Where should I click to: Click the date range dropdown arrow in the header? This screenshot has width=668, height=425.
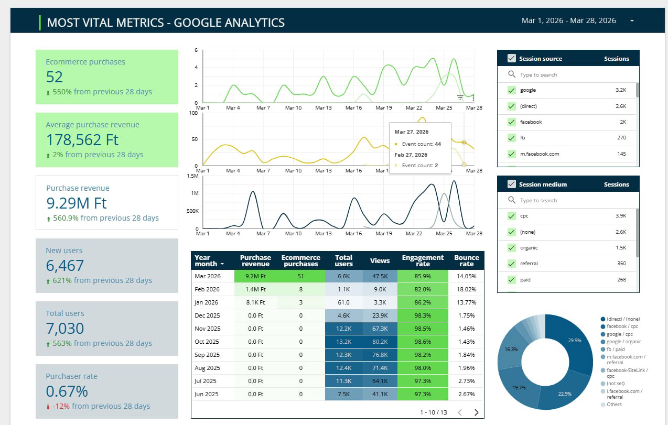[632, 20]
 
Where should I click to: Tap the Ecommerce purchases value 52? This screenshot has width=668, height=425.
[55, 77]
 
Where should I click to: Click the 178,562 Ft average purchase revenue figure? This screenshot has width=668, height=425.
[82, 140]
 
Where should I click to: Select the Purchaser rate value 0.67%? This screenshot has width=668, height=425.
[67, 391]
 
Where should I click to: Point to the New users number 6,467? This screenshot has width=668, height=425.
[64, 266]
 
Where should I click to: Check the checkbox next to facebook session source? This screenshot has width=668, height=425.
[511, 122]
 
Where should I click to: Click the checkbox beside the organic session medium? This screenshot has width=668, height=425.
[511, 248]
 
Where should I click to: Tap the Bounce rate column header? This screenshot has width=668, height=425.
[467, 260]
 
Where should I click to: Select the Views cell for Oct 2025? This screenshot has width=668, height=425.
[380, 342]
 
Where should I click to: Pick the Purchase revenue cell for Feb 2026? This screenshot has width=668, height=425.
[255, 289]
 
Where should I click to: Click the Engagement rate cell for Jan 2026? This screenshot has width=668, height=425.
[423, 302]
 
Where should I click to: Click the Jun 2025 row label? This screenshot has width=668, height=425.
[207, 394]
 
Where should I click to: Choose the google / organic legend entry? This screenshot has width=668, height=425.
[624, 342]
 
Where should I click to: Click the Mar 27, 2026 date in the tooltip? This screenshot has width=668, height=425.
[411, 132]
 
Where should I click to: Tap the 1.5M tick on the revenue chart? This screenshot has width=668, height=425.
[192, 176]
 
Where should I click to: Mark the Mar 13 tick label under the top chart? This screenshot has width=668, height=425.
[324, 107]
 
